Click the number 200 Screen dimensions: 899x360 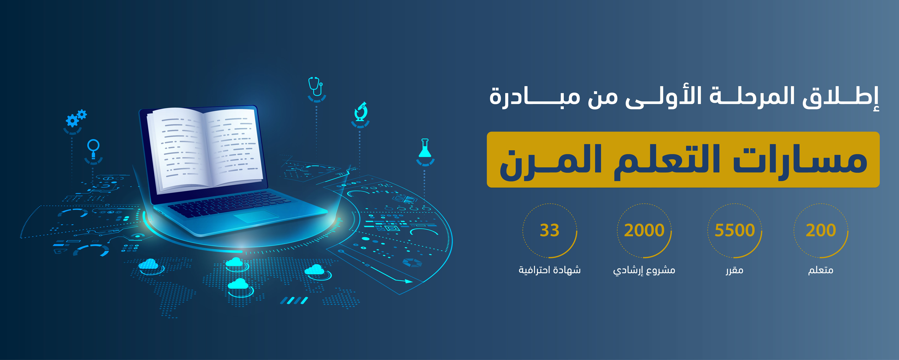click(x=821, y=230)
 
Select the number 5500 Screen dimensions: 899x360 click(x=735, y=230)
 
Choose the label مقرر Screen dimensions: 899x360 click(x=735, y=270)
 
